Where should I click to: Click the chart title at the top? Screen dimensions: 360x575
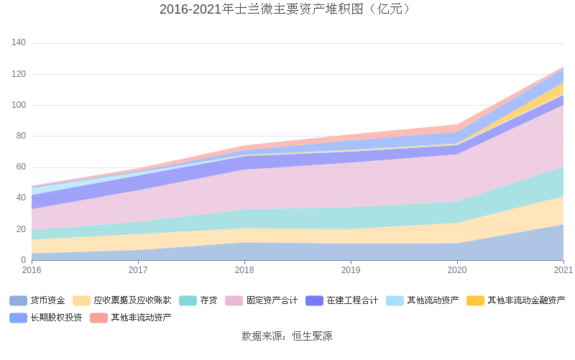[287, 9]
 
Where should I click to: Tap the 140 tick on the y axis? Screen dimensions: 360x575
[19, 43]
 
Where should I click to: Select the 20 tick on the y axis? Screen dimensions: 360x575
[21, 229]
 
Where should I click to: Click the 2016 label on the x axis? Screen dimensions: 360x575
[32, 270]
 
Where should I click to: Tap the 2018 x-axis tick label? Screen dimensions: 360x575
[244, 270]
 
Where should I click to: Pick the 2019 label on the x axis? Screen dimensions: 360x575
[351, 270]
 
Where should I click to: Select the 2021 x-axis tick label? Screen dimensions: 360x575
[563, 270]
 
